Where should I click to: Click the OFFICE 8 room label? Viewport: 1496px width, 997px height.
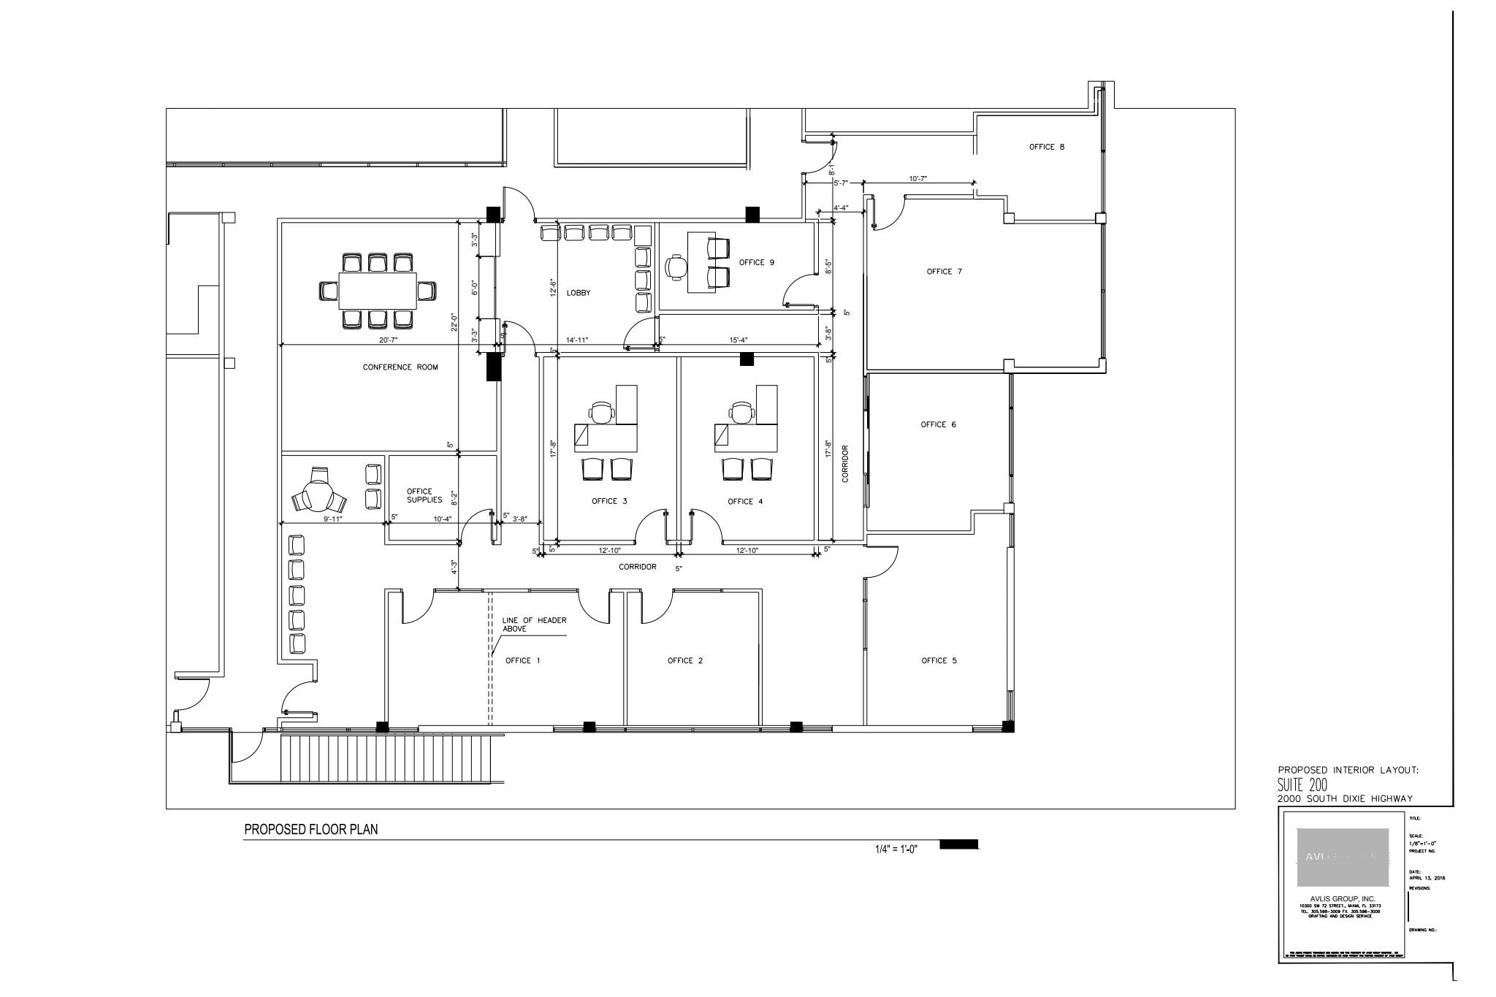click(1046, 147)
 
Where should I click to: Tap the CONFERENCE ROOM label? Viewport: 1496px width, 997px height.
click(400, 367)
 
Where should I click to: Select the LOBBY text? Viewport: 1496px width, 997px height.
click(578, 293)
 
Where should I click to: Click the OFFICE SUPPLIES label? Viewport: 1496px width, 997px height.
click(424, 496)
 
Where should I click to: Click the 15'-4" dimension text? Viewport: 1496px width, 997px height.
click(739, 340)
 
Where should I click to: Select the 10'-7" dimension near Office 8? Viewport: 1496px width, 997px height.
click(917, 178)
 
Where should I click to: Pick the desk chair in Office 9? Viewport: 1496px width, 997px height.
click(676, 267)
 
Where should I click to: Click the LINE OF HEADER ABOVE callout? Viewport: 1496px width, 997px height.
click(533, 624)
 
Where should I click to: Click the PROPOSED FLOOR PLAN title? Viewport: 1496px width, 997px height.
click(310, 830)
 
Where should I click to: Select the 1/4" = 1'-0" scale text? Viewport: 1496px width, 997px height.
click(896, 849)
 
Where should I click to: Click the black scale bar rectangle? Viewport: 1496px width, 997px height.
click(958, 844)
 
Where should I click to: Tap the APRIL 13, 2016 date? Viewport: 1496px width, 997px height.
click(1427, 878)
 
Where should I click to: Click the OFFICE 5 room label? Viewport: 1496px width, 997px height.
click(939, 661)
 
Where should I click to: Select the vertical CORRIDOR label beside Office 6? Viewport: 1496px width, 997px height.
click(845, 464)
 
